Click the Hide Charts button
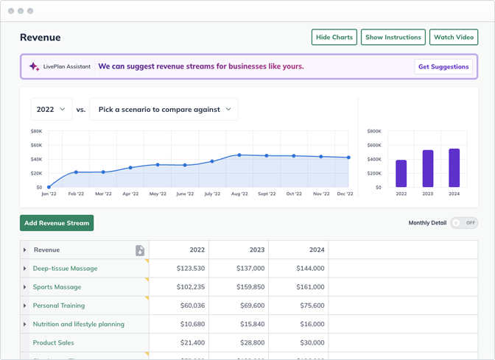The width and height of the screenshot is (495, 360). pyautogui.click(x=334, y=38)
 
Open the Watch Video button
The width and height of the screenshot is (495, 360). pyautogui.click(x=454, y=38)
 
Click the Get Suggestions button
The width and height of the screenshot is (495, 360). pyautogui.click(x=443, y=67)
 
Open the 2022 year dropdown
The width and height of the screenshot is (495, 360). pyautogui.click(x=51, y=109)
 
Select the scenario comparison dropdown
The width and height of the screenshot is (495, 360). pyautogui.click(x=164, y=109)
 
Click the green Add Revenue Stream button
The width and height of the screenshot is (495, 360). pyautogui.click(x=57, y=223)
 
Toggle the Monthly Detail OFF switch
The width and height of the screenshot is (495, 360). pyautogui.click(x=465, y=223)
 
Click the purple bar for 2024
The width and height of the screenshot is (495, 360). pyautogui.click(x=454, y=168)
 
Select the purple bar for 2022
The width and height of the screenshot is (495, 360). pyautogui.click(x=401, y=174)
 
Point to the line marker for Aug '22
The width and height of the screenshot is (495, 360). pyautogui.click(x=239, y=155)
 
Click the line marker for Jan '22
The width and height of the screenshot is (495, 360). pyautogui.click(x=49, y=187)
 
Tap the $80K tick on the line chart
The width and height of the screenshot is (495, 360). pyautogui.click(x=36, y=132)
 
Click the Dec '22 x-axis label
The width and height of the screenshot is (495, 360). pyautogui.click(x=344, y=194)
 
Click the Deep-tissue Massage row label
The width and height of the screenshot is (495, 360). pyautogui.click(x=65, y=269)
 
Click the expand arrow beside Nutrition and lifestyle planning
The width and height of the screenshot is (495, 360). pyautogui.click(x=25, y=324)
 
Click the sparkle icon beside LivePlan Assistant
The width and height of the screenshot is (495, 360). pyautogui.click(x=34, y=67)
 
